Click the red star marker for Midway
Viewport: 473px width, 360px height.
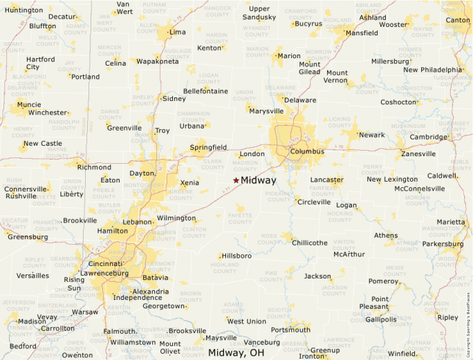[236, 180]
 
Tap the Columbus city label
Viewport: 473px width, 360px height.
[307, 151]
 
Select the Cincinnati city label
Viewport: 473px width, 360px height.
[105, 264]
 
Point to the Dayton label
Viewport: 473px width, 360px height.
[142, 173]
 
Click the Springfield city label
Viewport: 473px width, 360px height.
[208, 147]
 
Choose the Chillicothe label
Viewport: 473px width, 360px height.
[309, 243]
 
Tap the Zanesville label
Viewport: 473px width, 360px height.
[418, 154]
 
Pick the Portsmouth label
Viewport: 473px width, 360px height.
[290, 330]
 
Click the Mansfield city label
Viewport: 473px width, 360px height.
[362, 32]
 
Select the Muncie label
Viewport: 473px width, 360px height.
[28, 104]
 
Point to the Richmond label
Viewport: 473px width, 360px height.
[94, 167]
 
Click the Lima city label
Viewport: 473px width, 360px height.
[178, 32]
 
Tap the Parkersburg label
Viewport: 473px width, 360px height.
[443, 243]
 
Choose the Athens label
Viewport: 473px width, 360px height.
[386, 235]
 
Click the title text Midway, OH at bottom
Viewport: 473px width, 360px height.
[236, 352]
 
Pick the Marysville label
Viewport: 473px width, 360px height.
[266, 111]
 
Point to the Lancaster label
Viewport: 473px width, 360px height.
[326, 180]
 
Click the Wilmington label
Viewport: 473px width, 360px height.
[176, 218]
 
